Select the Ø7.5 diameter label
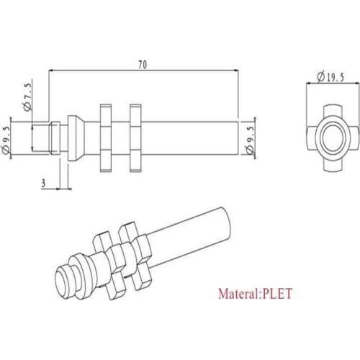point(27,96)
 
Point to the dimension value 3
point(43,184)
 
